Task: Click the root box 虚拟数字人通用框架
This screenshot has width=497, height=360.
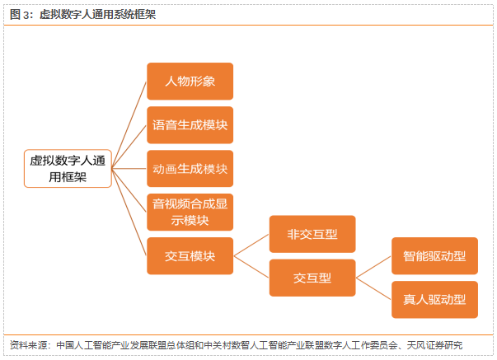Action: point(67,168)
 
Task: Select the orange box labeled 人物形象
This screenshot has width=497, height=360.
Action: point(190,82)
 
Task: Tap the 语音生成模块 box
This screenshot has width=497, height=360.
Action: point(190,125)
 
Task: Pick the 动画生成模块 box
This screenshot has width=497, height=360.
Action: point(190,168)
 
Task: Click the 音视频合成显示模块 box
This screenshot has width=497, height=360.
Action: point(190,212)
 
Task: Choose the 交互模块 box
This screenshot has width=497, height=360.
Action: point(190,256)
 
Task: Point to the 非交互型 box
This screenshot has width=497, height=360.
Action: point(312,234)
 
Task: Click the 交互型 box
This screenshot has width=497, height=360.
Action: point(312,277)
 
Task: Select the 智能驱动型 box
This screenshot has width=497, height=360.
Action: point(434,256)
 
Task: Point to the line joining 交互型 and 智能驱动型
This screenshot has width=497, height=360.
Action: point(373,267)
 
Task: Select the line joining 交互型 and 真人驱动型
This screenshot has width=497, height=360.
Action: point(373,288)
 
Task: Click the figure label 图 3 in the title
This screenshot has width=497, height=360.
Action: point(18,14)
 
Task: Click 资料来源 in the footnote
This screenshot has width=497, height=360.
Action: point(30,345)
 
